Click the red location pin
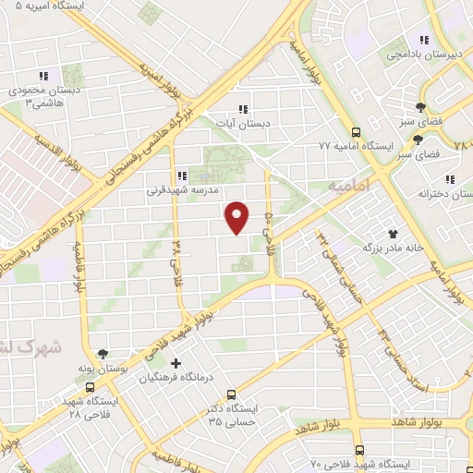coord(238,217)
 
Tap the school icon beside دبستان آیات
coord(243,108)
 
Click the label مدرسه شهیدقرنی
coord(181,192)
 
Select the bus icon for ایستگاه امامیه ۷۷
coord(357,131)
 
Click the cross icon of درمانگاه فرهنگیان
coord(176,363)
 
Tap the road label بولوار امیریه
coord(159,80)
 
